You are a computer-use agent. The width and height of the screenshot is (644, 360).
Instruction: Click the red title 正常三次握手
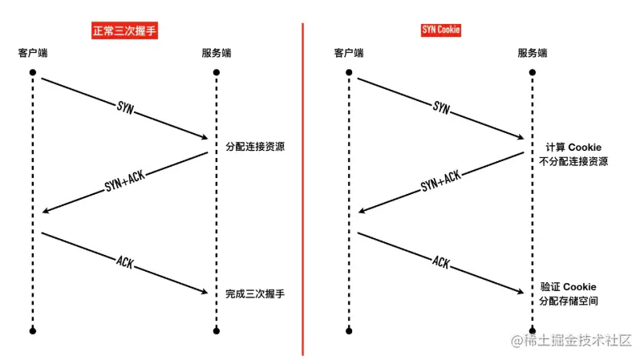tap(124, 32)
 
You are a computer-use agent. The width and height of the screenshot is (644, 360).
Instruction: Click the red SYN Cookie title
tap(440, 30)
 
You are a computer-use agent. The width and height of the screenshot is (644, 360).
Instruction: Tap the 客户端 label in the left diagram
tap(33, 54)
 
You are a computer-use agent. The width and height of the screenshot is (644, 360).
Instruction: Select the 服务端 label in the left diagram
tap(217, 54)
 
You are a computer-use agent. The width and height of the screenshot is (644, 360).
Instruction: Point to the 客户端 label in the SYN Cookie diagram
tap(348, 54)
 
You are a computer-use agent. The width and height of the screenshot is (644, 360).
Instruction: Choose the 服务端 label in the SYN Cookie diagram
tap(533, 54)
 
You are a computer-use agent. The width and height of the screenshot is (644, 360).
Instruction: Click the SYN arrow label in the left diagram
tap(126, 106)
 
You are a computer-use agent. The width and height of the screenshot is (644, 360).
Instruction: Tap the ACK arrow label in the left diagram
tap(124, 261)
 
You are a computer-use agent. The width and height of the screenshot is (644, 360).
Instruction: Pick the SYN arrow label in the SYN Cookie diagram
tap(441, 106)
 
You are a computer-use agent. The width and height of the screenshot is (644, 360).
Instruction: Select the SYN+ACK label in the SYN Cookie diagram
tap(441, 183)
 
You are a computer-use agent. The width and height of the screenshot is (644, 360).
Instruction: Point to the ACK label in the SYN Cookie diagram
tap(440, 261)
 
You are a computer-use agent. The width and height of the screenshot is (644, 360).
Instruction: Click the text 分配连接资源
tap(256, 148)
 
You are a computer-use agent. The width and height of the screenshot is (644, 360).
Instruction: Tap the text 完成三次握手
tap(256, 294)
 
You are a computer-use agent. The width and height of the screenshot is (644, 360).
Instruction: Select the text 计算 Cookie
tap(573, 148)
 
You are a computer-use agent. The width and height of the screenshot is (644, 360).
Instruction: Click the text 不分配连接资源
tap(573, 161)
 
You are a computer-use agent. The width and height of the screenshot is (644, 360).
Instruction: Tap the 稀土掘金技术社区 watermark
tap(574, 340)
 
